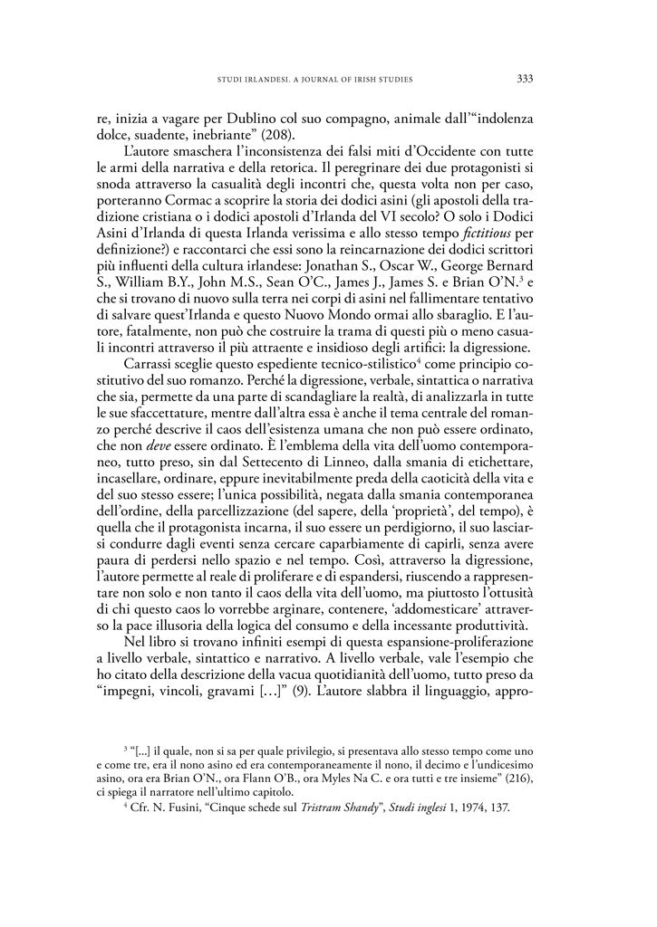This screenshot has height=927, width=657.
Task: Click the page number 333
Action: (x=524, y=79)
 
